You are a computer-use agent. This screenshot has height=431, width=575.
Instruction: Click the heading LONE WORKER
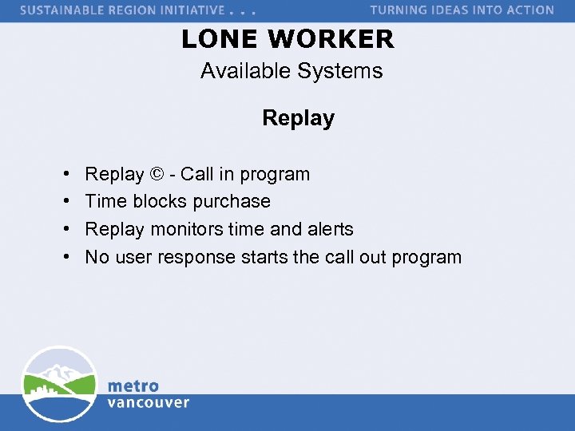pyautogui.click(x=287, y=39)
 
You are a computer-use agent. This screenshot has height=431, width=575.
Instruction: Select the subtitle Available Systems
pyautogui.click(x=291, y=71)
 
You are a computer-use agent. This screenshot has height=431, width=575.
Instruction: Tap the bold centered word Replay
pyautogui.click(x=298, y=118)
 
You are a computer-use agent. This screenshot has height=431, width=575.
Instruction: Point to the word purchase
pyautogui.click(x=234, y=202)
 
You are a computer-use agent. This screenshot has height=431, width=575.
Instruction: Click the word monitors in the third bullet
pyautogui.click(x=186, y=229)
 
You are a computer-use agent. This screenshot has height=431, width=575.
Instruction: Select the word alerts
pyautogui.click(x=329, y=229)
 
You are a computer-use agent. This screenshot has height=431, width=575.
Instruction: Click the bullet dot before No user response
pyautogui.click(x=63, y=258)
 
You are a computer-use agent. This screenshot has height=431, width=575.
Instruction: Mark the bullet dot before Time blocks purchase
pyautogui.click(x=63, y=202)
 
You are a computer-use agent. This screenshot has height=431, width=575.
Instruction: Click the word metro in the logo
pyautogui.click(x=133, y=386)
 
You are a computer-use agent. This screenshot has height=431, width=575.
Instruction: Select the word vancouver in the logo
pyautogui.click(x=149, y=402)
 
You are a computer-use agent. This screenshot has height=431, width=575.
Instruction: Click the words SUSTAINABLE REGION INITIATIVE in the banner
pyautogui.click(x=122, y=10)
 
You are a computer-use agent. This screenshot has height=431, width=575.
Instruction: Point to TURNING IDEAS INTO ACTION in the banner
pyautogui.click(x=462, y=10)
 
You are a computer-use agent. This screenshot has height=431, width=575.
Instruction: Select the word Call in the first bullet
pyautogui.click(x=198, y=174)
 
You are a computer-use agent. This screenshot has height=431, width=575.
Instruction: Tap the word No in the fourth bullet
pyautogui.click(x=97, y=257)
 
